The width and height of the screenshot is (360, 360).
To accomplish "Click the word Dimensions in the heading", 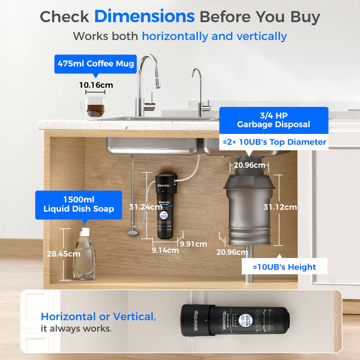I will (x=144, y=17).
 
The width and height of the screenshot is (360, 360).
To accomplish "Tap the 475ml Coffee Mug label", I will (x=96, y=64).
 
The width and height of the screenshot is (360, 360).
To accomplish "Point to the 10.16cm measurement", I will (x=96, y=85).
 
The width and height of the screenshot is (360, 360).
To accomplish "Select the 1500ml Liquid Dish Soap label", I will (x=79, y=205).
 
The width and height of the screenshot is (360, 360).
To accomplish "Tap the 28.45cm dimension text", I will (x=64, y=253).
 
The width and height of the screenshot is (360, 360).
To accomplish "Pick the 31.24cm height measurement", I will (x=146, y=207).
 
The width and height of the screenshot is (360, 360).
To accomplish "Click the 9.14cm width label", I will (x=165, y=250).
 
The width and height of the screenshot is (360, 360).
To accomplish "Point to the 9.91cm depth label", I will (x=193, y=244).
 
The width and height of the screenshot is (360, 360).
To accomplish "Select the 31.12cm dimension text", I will (x=280, y=207).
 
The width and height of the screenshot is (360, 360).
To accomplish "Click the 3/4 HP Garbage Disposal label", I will (x=274, y=120).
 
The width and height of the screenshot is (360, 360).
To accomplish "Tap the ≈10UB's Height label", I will (x=284, y=267).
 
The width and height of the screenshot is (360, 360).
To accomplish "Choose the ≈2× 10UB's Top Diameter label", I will (x=275, y=142).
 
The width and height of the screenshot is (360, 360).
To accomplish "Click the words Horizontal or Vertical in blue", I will (x=98, y=316).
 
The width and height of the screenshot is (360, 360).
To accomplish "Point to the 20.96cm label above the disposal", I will (x=250, y=165).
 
